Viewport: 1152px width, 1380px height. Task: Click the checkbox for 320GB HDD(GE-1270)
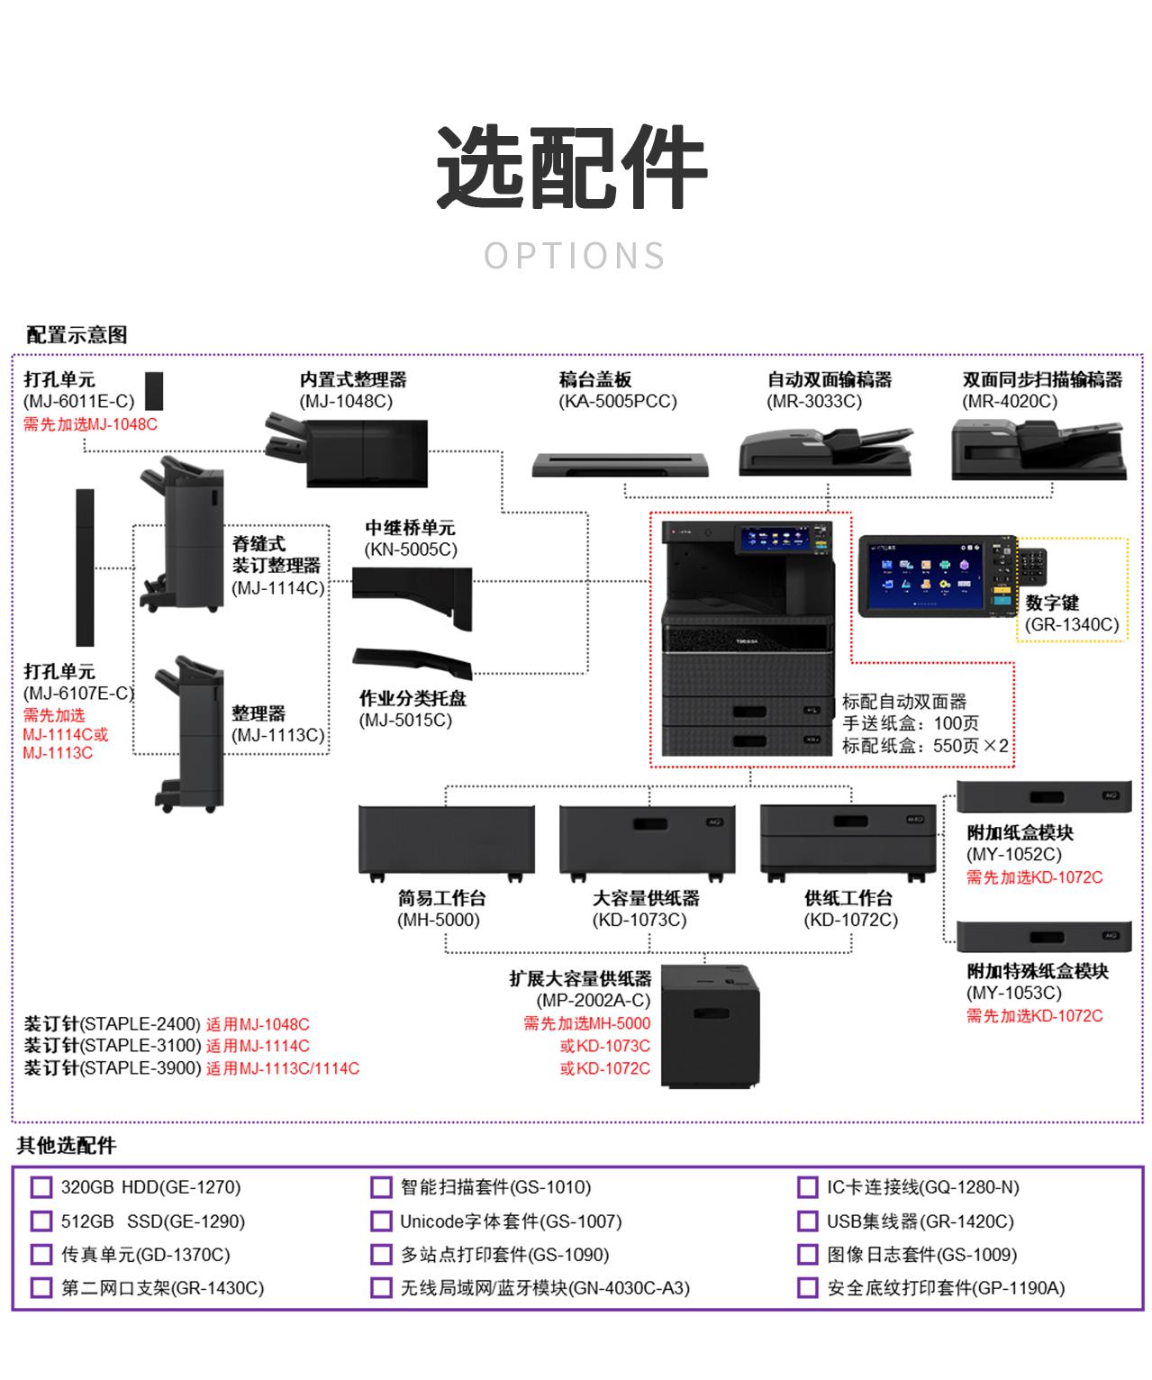point(41,1187)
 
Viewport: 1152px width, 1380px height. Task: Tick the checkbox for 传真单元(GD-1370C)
point(41,1255)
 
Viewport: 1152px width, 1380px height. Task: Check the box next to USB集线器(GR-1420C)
point(808,1221)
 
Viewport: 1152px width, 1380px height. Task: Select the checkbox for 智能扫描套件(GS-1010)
point(381,1187)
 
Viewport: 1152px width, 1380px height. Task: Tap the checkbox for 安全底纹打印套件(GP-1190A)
point(808,1288)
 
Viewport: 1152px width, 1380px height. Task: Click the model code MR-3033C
point(814,402)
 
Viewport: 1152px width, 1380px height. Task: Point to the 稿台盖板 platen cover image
point(621,464)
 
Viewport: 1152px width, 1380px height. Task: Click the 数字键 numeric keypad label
point(1051,603)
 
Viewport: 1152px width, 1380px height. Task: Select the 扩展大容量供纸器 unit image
point(712,1025)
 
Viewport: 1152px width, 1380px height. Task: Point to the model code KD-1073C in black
point(639,921)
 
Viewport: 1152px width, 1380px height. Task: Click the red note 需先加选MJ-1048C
point(90,424)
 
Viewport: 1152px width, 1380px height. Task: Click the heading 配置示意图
point(77,335)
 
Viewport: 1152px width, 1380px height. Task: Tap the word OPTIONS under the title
point(575,256)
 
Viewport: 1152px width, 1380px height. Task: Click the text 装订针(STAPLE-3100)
point(112,1046)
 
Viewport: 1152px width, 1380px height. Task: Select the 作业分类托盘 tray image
point(413,662)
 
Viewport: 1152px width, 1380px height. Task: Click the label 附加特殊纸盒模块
point(1038,971)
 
